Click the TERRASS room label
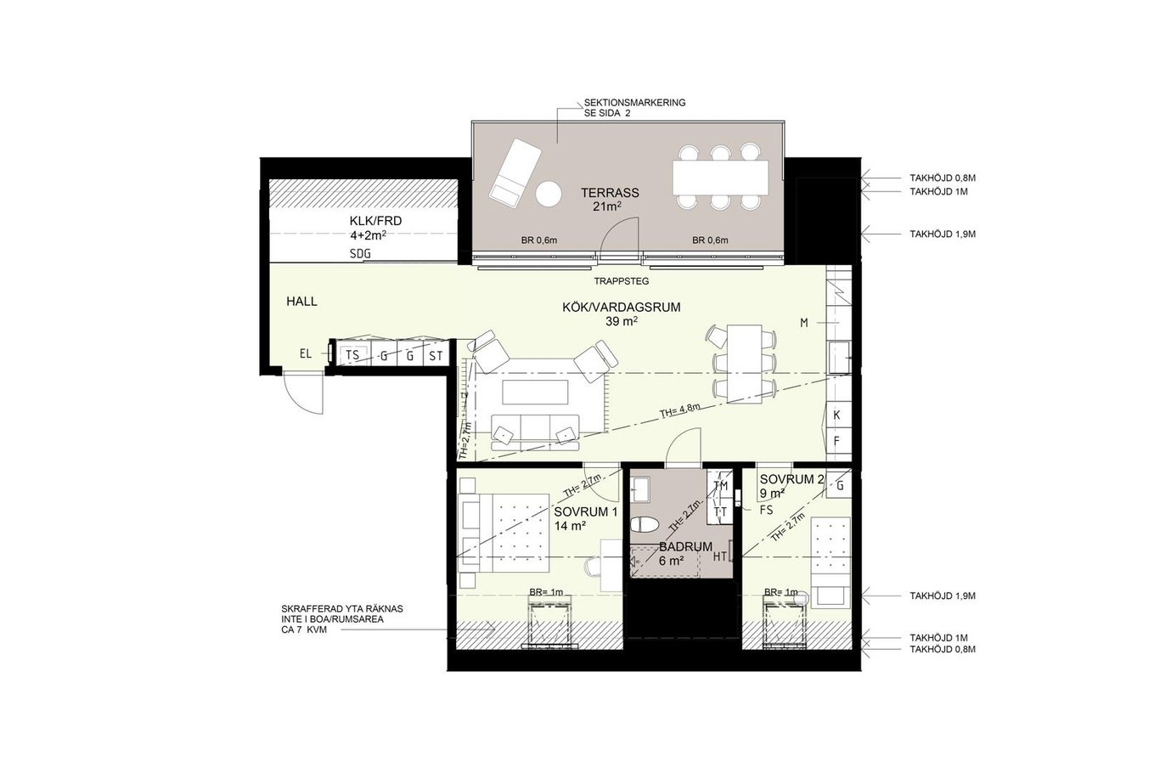pyautogui.click(x=610, y=193)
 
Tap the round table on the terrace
pyautogui.click(x=549, y=195)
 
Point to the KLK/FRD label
pyautogui.click(x=375, y=221)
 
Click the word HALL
pyautogui.click(x=302, y=302)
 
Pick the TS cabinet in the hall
pyautogui.click(x=353, y=355)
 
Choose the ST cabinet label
pyautogui.click(x=436, y=356)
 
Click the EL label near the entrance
pyautogui.click(x=306, y=353)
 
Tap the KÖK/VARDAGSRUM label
pyautogui.click(x=622, y=308)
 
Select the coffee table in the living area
pyautogui.click(x=535, y=393)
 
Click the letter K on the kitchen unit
pyautogui.click(x=836, y=415)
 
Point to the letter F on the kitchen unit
pyautogui.click(x=836, y=442)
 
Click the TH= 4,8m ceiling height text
pyautogui.click(x=680, y=410)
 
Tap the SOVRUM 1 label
pyautogui.click(x=586, y=512)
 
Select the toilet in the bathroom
pyautogui.click(x=645, y=524)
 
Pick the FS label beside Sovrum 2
pyautogui.click(x=767, y=510)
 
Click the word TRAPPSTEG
pyautogui.click(x=622, y=281)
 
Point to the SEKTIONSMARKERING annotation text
pyautogui.click(x=635, y=103)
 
